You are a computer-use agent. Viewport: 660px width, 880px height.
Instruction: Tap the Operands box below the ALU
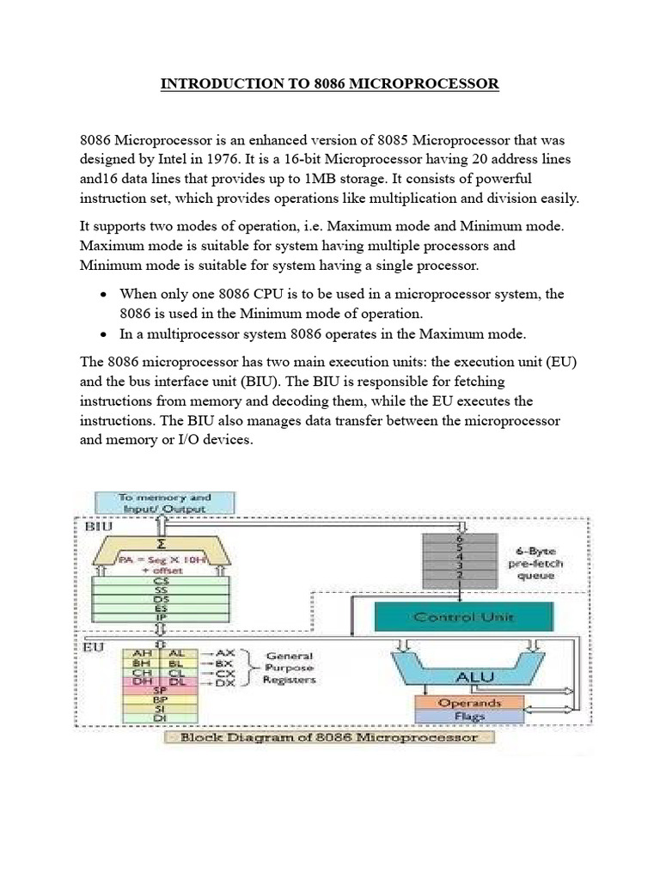[x=468, y=702]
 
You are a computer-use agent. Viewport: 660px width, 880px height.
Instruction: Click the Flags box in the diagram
[x=468, y=716]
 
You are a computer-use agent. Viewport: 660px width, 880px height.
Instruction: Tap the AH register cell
[x=137, y=653]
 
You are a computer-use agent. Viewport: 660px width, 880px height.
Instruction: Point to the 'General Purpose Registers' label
[x=290, y=667]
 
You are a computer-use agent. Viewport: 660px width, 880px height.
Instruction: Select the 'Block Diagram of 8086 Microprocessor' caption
[x=333, y=738]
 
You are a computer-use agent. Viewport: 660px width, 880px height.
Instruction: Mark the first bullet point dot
[x=103, y=294]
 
